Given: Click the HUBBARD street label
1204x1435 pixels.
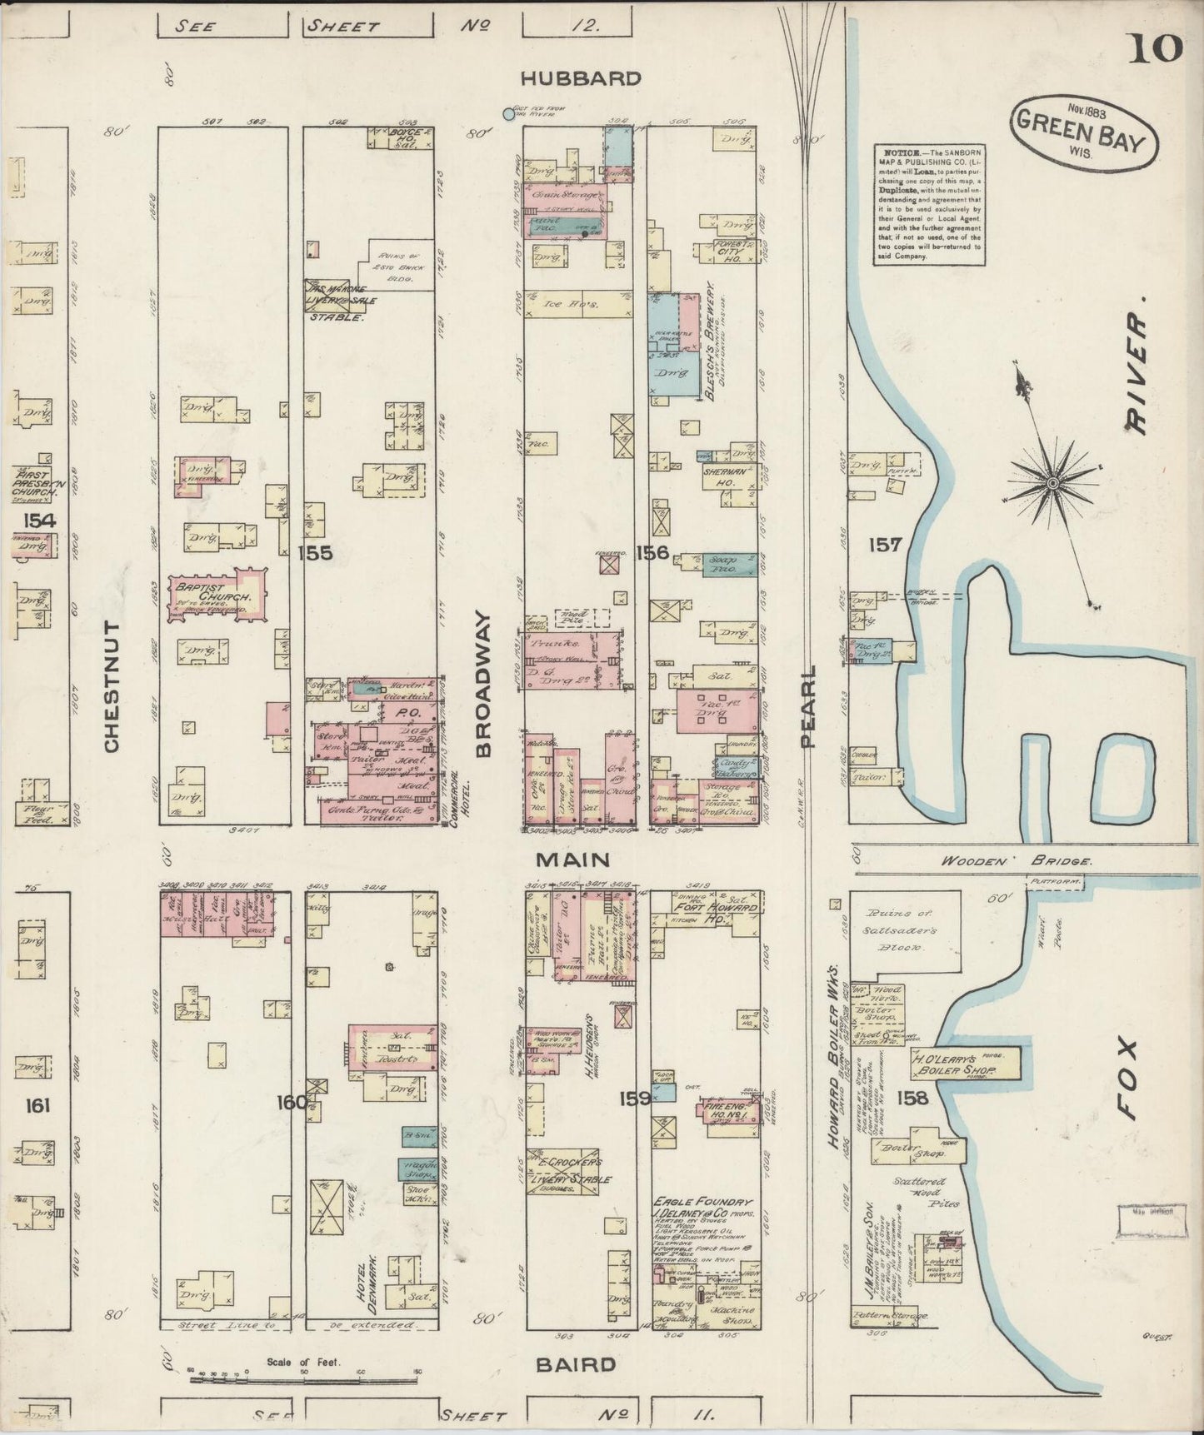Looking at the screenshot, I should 581,78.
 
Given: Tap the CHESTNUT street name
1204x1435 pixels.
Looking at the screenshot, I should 112,685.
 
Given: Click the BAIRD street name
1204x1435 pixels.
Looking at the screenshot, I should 576,1364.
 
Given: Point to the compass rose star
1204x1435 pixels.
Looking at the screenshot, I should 1052,481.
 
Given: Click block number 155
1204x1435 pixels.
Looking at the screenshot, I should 317,552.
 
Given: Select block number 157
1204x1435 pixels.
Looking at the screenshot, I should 884,545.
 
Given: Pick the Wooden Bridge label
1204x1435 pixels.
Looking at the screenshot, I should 1015,863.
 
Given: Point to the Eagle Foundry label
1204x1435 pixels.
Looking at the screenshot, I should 702,1202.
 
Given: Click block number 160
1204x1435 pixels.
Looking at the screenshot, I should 292,1102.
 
